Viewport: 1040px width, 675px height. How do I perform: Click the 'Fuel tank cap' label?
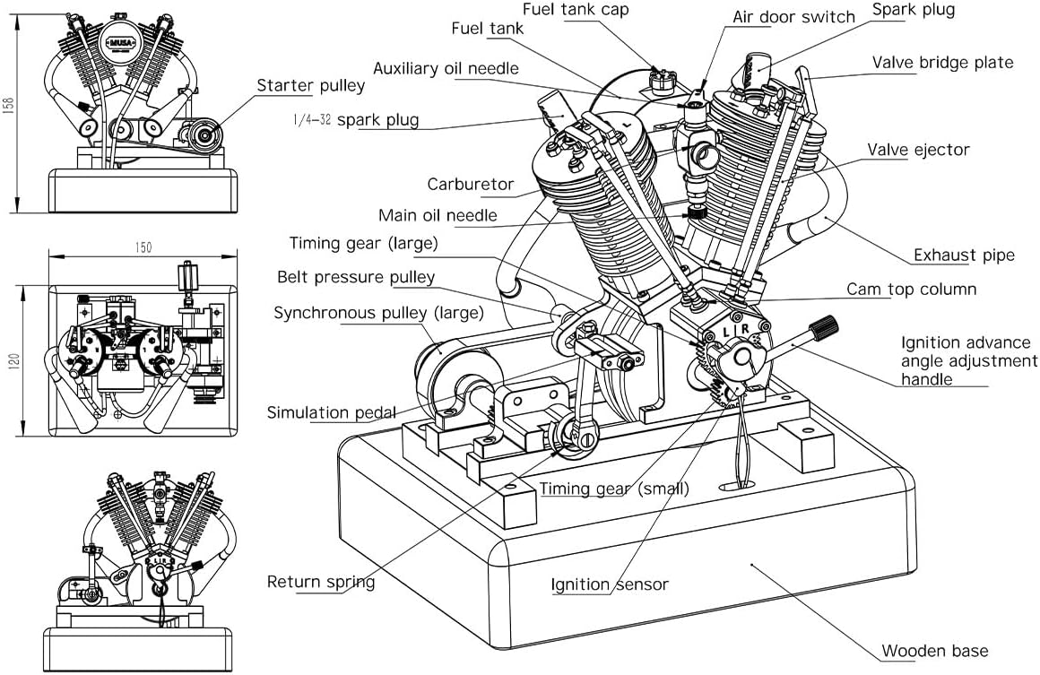[x=576, y=10]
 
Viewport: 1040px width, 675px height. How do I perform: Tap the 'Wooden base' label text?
[x=934, y=651]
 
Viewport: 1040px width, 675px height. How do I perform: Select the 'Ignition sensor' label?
[x=610, y=584]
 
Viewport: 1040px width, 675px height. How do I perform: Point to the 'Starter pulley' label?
[x=311, y=86]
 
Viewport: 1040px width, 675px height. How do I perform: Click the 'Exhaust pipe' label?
[x=964, y=255]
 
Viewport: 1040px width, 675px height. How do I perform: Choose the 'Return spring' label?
[x=321, y=582]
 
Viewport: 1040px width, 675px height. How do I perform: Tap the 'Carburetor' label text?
[x=471, y=185]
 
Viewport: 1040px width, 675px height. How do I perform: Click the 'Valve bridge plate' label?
[x=942, y=63]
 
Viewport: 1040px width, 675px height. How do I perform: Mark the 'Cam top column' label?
[x=911, y=290]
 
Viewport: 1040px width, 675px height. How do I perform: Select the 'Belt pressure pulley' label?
[x=355, y=277]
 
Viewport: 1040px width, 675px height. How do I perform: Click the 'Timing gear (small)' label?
[x=614, y=489]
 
